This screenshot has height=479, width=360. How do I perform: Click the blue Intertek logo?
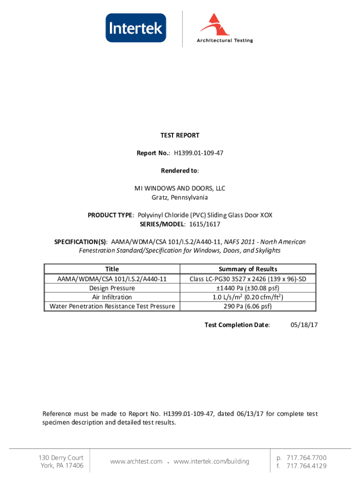point(136,28)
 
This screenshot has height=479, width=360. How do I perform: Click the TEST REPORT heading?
point(180,135)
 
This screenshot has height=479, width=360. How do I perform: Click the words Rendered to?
point(180,171)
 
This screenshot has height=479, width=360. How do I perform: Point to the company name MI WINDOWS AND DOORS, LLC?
point(180,189)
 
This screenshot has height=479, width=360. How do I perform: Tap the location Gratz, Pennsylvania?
point(180,197)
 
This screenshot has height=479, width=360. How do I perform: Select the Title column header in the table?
point(112,269)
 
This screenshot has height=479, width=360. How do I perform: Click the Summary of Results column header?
point(248,269)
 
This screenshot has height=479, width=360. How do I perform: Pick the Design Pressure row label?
point(112,288)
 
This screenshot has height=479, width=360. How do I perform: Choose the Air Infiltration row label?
point(112,297)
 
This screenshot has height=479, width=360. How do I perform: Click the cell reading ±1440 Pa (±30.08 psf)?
point(248,288)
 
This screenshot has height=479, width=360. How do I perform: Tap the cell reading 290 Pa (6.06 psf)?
point(248,306)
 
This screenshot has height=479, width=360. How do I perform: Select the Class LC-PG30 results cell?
point(248,279)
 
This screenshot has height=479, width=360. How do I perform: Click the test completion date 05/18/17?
point(304,325)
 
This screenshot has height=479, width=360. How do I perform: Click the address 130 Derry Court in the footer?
point(61,457)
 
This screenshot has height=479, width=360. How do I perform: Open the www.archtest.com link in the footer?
point(136,462)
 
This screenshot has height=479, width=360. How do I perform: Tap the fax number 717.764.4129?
point(306,466)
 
